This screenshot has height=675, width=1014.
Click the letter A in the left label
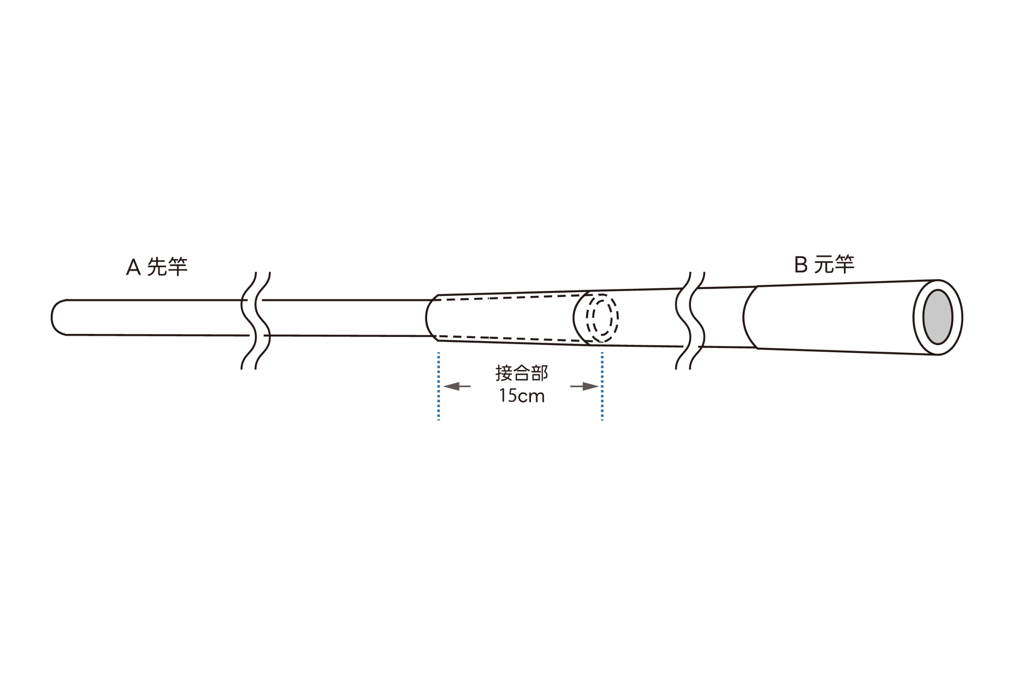[x=133, y=267]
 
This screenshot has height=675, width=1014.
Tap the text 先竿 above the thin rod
[x=167, y=266]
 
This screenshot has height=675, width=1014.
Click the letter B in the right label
[x=800, y=265]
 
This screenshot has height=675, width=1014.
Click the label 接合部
[x=522, y=373]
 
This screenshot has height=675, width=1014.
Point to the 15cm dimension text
[x=522, y=396]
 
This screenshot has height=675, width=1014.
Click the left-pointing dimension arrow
[x=457, y=386]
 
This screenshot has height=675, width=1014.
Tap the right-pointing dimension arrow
[x=584, y=386]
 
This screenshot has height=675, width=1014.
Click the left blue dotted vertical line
[x=439, y=386]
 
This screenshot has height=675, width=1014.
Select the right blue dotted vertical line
[x=602, y=386]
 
